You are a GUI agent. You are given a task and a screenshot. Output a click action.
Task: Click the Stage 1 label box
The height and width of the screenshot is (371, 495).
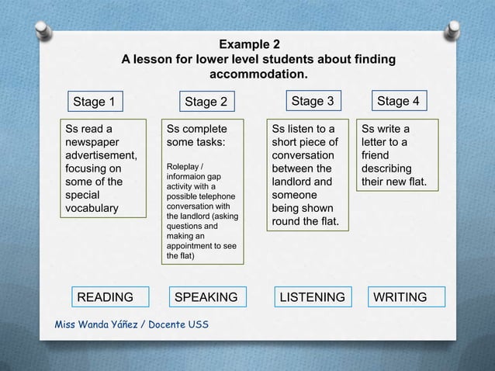tap(94, 102)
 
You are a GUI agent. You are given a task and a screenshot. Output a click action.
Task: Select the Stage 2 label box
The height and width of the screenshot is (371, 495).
tap(206, 102)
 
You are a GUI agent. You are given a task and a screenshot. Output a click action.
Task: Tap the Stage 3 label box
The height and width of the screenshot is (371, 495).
tap(312, 101)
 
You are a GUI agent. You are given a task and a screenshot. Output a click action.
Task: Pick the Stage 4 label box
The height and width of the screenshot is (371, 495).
tap(397, 101)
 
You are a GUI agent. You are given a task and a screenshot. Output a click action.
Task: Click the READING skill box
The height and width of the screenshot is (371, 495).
tap(103, 297)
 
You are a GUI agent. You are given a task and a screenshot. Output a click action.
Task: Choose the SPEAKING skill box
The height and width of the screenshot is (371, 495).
tap(206, 297)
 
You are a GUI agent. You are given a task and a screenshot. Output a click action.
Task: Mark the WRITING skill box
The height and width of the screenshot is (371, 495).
tap(400, 297)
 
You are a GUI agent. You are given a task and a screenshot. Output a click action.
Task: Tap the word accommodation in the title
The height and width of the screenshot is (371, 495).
tap(259, 75)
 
